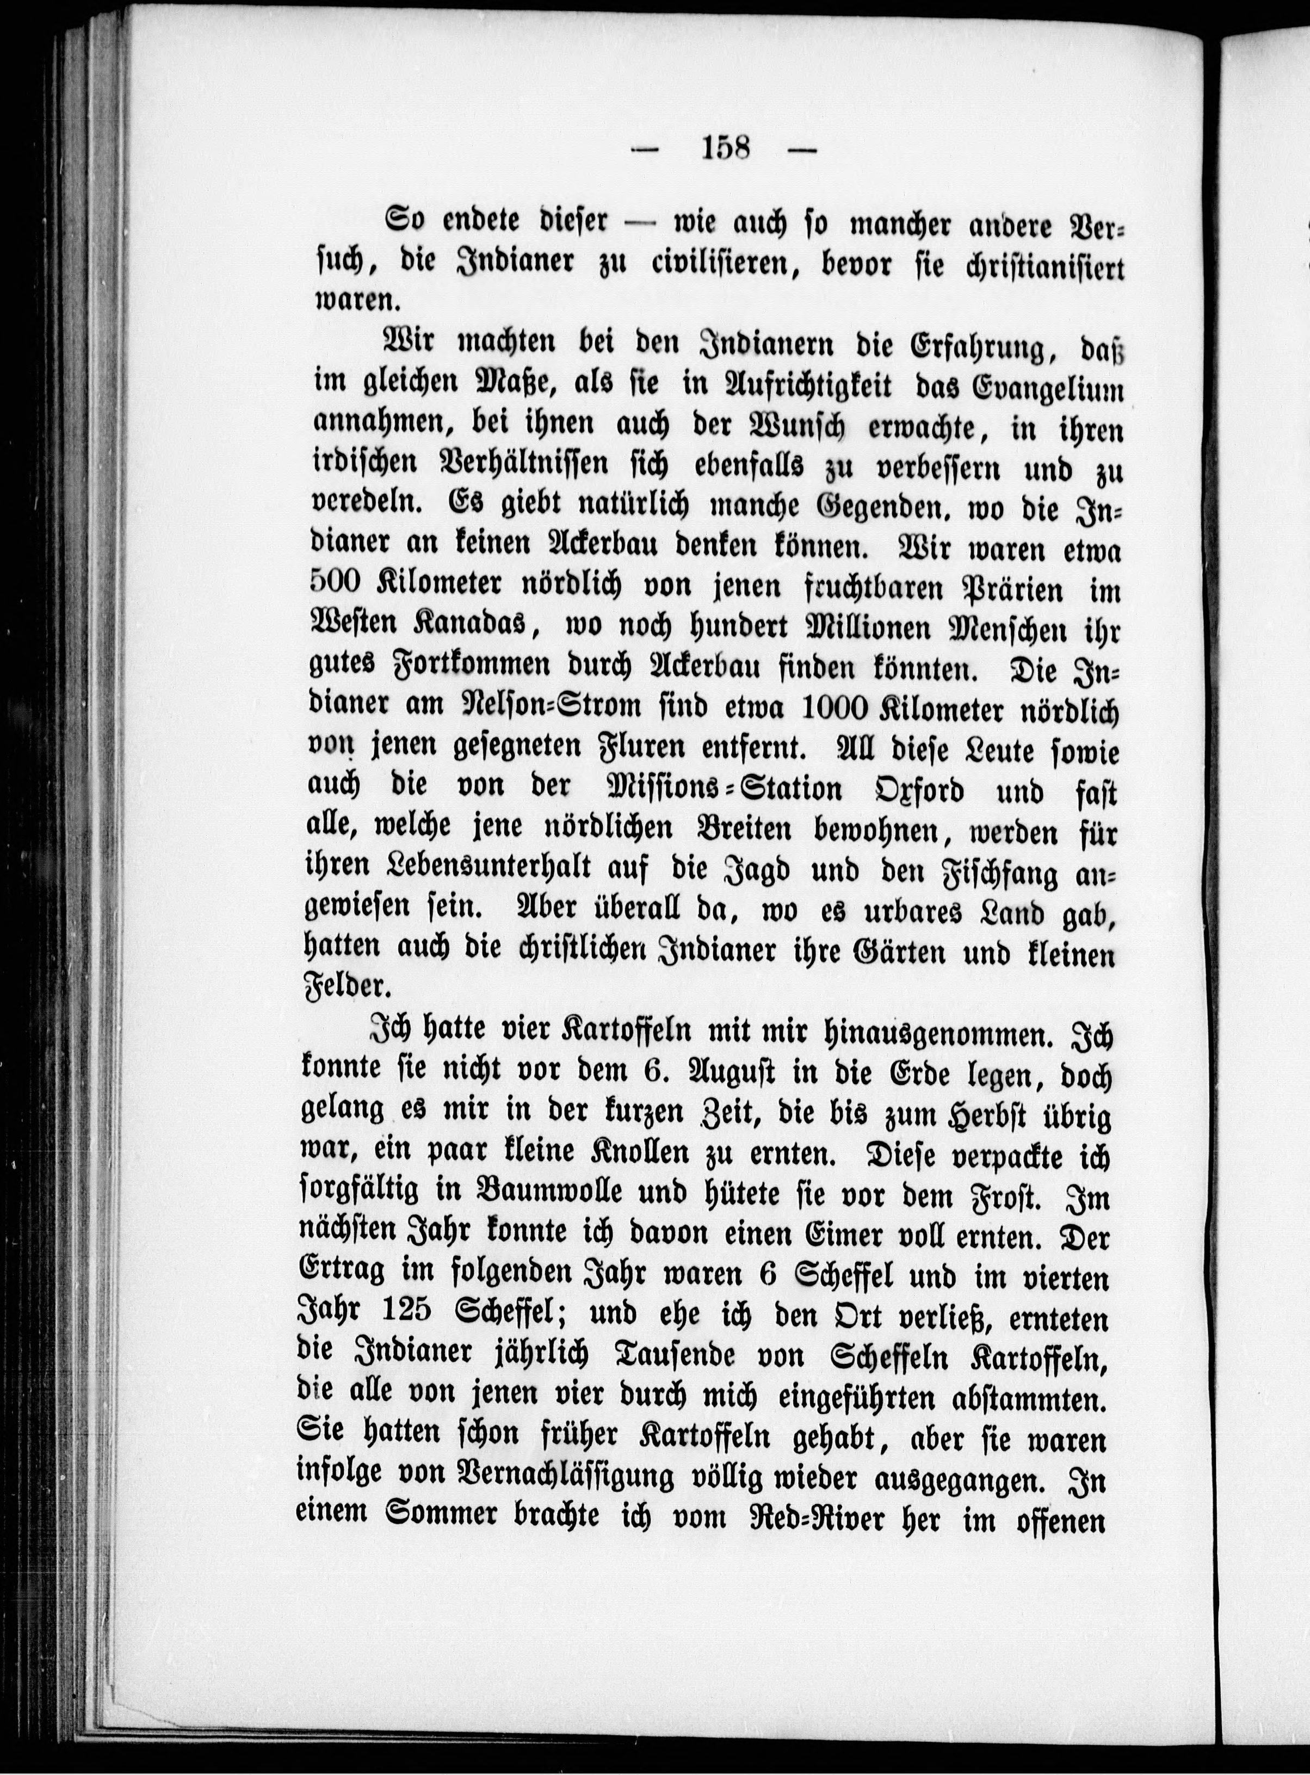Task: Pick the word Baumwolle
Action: coord(601,1195)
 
